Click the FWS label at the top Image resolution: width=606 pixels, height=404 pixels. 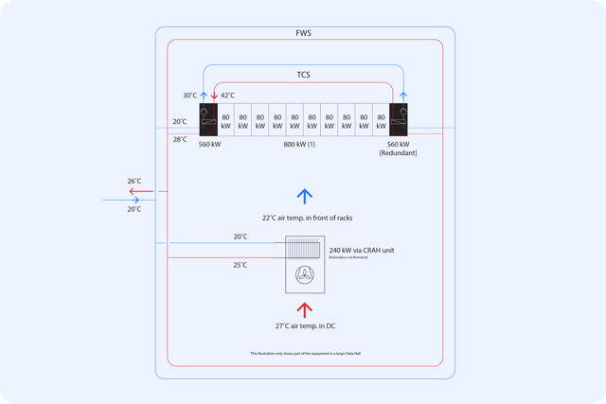tap(303, 33)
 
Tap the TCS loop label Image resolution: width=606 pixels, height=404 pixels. tap(303, 75)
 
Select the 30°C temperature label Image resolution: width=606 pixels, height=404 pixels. tap(190, 96)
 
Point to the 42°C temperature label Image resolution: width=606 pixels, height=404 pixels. tap(228, 96)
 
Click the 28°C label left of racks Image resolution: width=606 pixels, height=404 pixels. tap(180, 140)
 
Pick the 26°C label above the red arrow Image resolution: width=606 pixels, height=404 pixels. tap(134, 181)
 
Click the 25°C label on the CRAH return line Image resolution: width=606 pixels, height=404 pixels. tap(241, 265)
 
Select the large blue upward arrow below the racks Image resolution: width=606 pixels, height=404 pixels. tap(304, 196)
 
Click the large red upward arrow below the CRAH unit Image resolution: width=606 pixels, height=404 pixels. tap(304, 309)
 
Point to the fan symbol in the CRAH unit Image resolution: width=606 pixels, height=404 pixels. tap(305, 274)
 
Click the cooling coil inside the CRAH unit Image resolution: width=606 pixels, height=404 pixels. tap(305, 249)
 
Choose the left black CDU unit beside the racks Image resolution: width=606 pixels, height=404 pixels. tap(208, 120)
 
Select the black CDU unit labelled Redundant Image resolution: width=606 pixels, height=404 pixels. tap(399, 120)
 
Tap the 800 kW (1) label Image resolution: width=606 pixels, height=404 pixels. tap(299, 145)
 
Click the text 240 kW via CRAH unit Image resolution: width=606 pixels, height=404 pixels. tap(362, 251)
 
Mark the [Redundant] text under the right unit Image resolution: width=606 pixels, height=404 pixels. tap(398, 153)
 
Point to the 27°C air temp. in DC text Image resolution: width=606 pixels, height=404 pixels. tap(305, 326)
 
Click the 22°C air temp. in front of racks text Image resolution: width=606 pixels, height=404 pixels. tap(307, 219)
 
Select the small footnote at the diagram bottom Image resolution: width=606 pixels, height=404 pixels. tap(305, 354)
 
